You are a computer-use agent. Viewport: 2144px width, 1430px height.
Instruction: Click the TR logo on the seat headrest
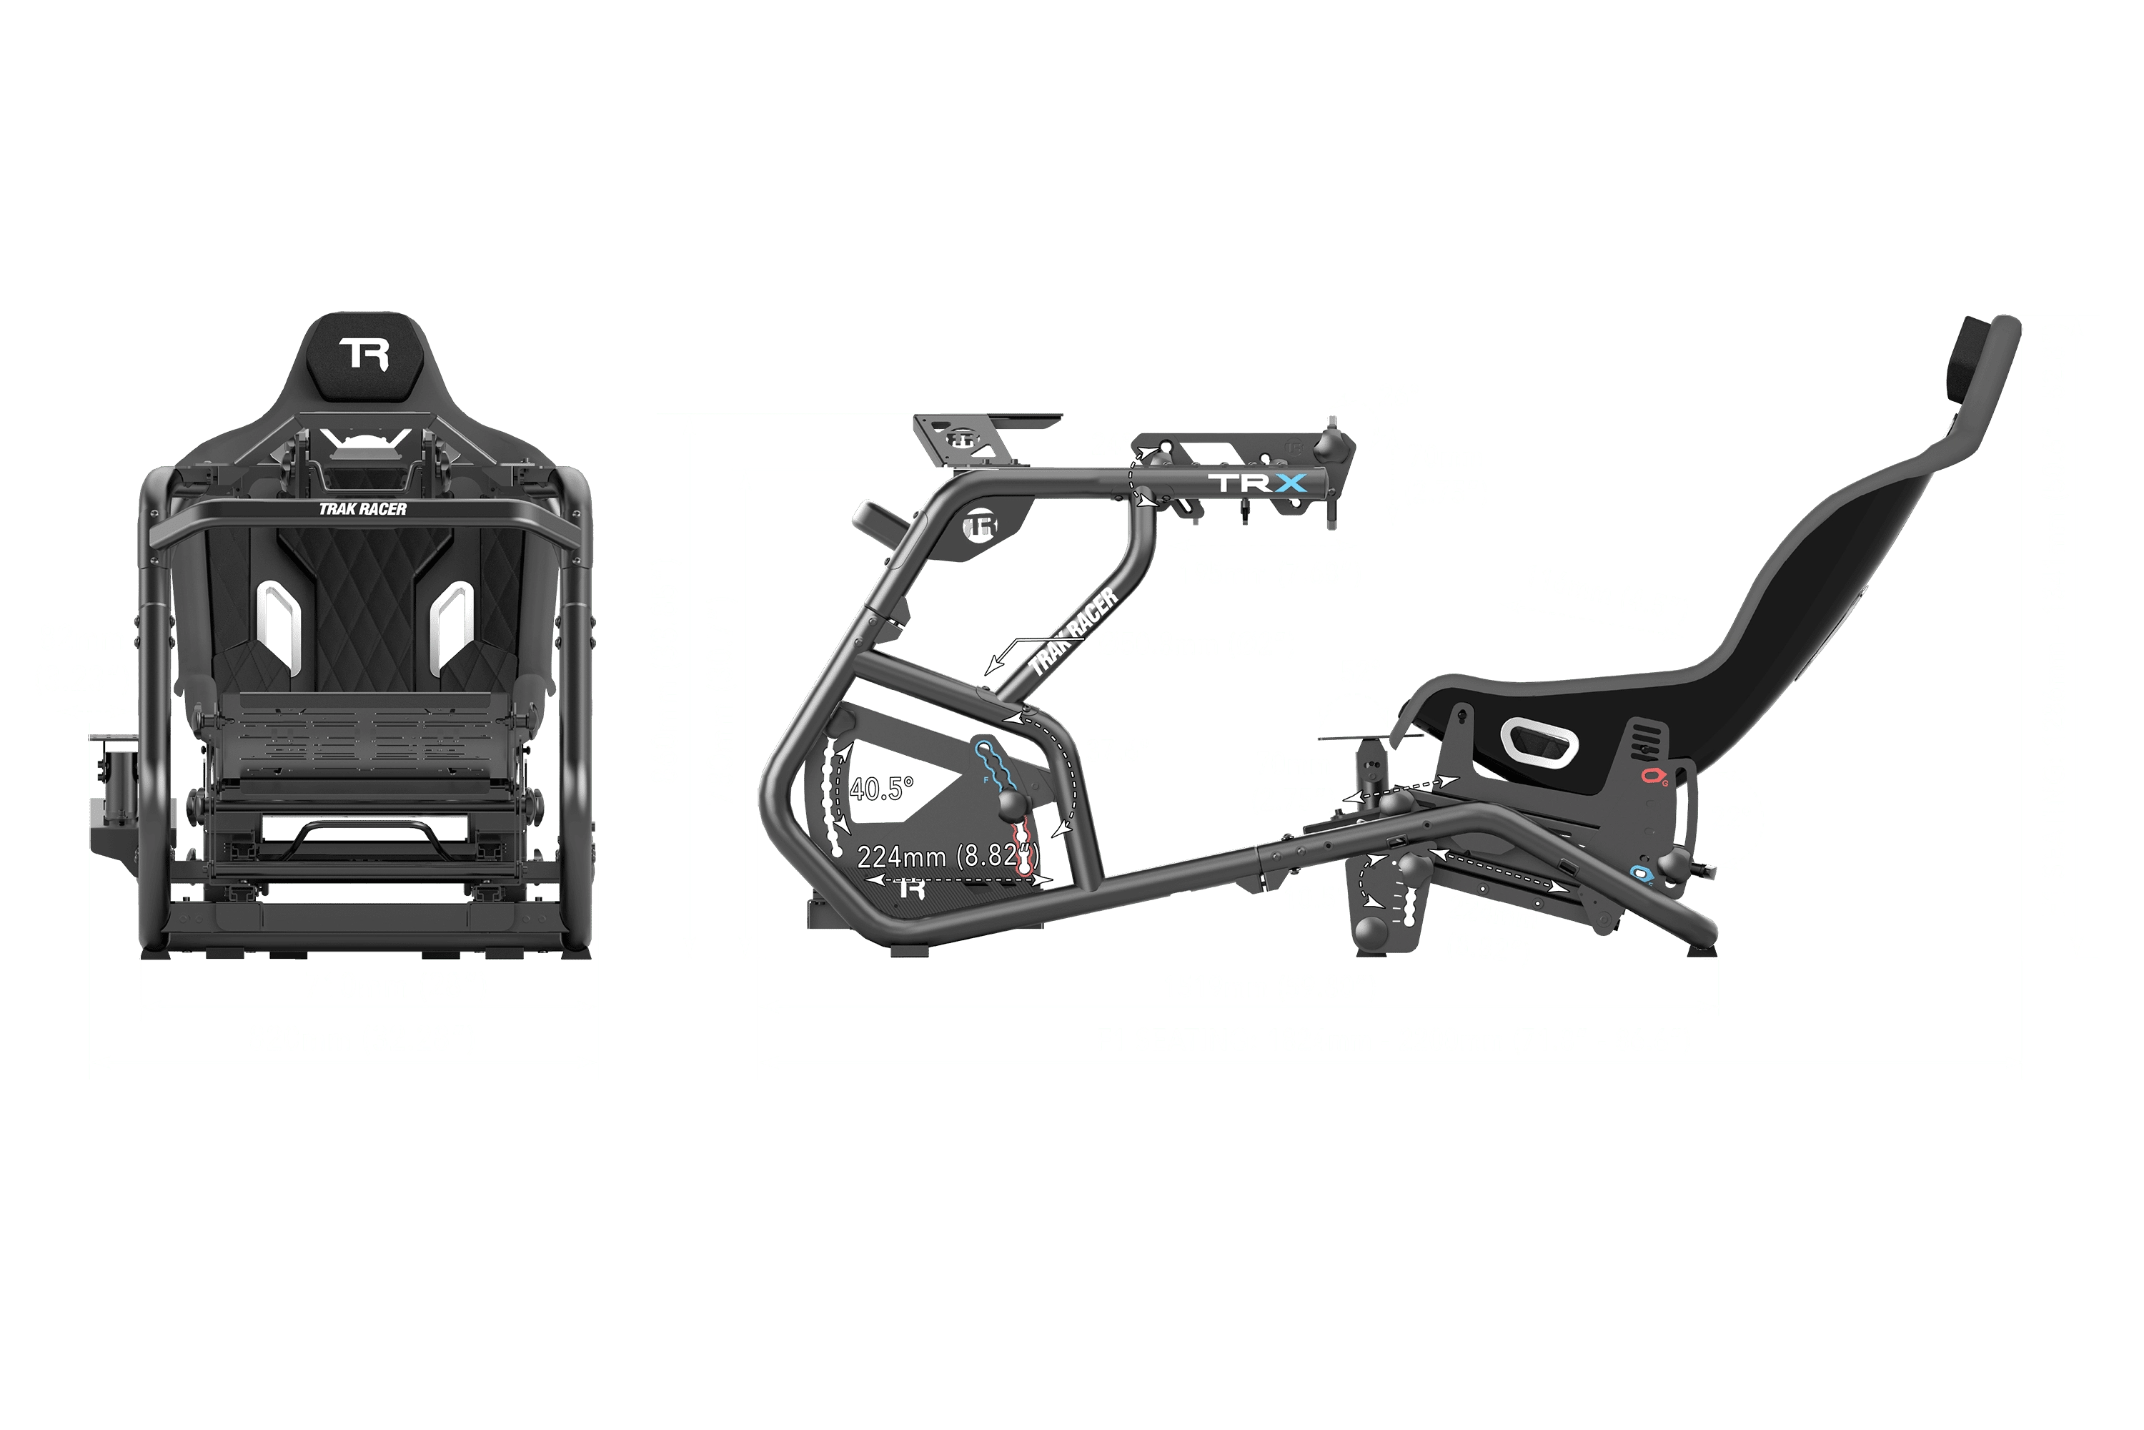(364, 354)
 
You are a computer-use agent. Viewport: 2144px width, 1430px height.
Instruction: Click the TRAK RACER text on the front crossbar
(363, 509)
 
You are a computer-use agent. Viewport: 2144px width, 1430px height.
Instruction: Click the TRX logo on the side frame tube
(1263, 483)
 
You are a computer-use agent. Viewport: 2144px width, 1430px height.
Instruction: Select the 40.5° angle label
(881, 789)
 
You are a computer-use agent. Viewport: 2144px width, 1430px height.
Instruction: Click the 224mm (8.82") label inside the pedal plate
(948, 857)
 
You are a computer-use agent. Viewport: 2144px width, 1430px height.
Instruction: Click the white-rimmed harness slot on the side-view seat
(1539, 739)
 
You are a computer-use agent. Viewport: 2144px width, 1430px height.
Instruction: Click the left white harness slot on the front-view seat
(279, 621)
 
